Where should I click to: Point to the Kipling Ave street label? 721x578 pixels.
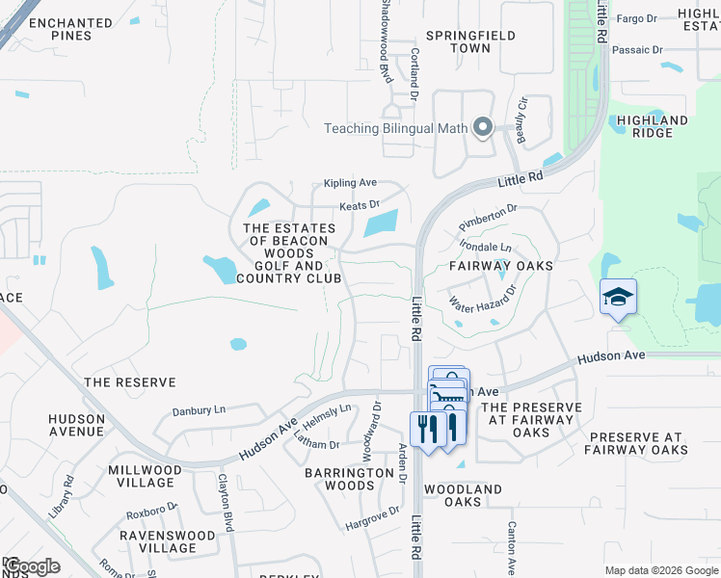click(350, 182)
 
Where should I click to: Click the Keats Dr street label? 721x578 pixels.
click(360, 205)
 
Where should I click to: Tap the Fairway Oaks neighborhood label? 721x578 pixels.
click(501, 266)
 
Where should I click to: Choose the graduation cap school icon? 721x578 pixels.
click(617, 297)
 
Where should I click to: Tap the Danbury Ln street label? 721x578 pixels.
click(198, 410)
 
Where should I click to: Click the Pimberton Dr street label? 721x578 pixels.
click(488, 208)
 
